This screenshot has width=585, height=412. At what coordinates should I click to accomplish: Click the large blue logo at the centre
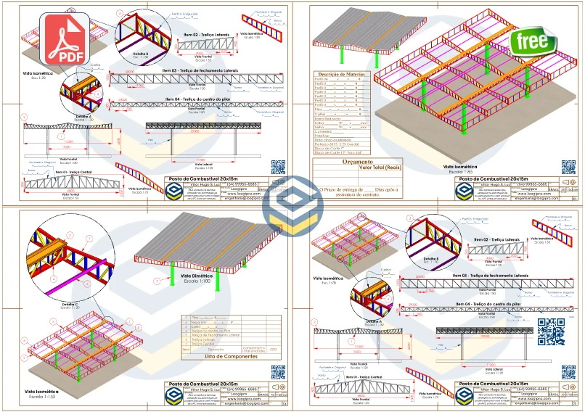[293, 206]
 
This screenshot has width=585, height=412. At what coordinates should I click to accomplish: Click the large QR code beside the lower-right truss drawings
[550, 331]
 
